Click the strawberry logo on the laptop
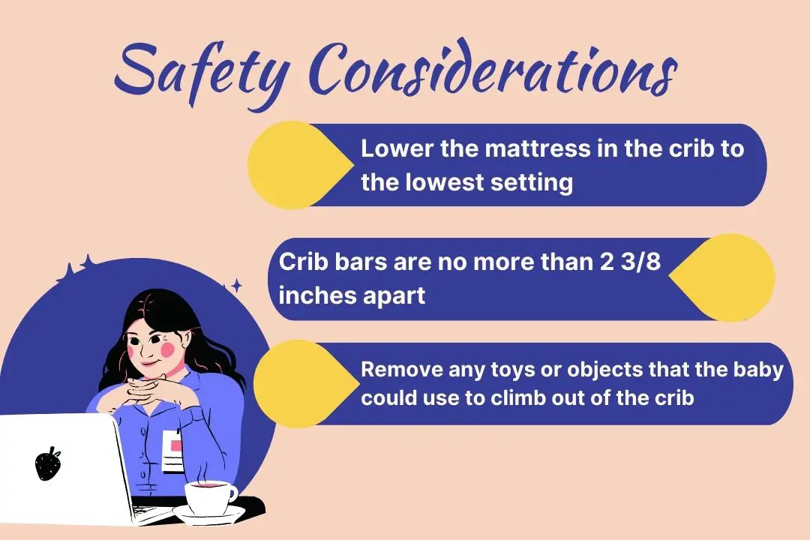click(x=48, y=464)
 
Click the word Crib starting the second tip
click(x=301, y=262)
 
